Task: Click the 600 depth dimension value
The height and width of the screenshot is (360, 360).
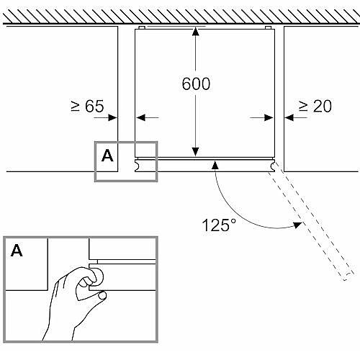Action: [196, 84]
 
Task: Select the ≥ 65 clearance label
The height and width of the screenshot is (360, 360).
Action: [87, 106]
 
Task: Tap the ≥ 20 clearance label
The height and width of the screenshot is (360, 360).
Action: [315, 106]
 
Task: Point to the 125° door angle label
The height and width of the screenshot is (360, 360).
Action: [219, 225]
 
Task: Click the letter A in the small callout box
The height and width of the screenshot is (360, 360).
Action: [107, 156]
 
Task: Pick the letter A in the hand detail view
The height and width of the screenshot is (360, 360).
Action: [17, 251]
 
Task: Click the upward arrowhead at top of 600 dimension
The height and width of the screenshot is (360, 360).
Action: [196, 32]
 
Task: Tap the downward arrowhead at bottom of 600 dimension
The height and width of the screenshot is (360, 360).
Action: [196, 152]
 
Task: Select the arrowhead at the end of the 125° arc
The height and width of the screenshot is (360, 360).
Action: [298, 225]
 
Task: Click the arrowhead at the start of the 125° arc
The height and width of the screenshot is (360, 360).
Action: [215, 165]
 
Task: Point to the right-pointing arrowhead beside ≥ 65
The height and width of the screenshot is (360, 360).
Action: [112, 117]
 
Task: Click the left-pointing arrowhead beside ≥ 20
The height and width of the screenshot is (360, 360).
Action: [289, 117]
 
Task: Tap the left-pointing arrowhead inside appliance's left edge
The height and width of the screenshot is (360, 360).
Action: [140, 117]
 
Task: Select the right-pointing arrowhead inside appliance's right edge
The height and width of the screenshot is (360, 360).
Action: [269, 117]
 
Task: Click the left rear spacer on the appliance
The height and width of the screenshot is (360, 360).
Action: [142, 27]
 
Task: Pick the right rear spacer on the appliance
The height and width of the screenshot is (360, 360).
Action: [269, 27]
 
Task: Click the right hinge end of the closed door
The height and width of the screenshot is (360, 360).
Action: [273, 166]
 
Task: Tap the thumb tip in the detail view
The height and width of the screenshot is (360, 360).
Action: [103, 295]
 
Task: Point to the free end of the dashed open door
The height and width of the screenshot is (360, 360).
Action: [348, 276]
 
